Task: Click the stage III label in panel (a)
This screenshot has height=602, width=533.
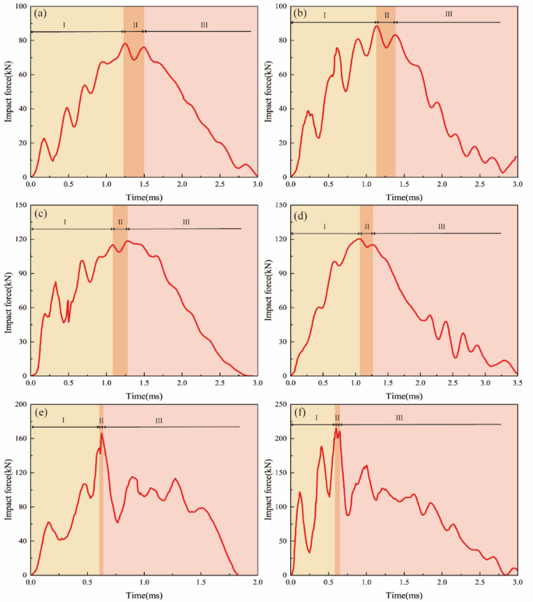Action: pyautogui.click(x=204, y=25)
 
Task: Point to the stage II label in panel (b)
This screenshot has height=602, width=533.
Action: pyautogui.click(x=386, y=16)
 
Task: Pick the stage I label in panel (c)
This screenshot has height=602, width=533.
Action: pyautogui.click(x=65, y=222)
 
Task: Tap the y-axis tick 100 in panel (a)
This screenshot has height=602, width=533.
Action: pyautogui.click(x=19, y=6)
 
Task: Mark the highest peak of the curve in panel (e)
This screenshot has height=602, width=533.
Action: pyautogui.click(x=102, y=434)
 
